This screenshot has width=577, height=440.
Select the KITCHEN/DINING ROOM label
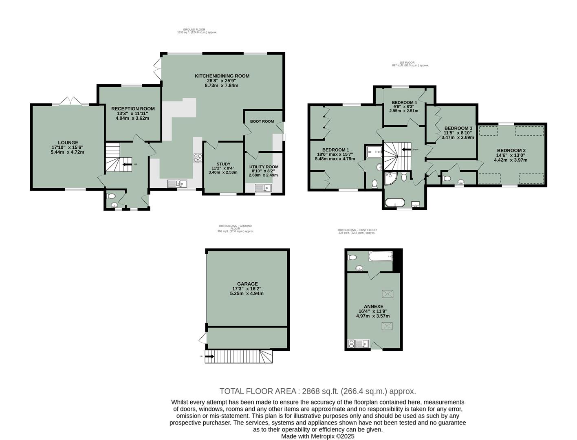pyautogui.click(x=222, y=76)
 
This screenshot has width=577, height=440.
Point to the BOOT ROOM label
pyautogui.click(x=262, y=121)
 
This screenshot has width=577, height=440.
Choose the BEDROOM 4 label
pyautogui.click(x=404, y=102)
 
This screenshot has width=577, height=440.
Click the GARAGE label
pyautogui.click(x=247, y=284)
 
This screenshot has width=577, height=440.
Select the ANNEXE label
pyautogui.click(x=373, y=306)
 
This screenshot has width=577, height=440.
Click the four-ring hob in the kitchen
pyautogui.click(x=198, y=158)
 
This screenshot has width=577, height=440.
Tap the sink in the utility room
pyautogui.click(x=263, y=188)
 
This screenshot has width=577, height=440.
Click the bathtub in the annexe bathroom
pyautogui.click(x=380, y=256)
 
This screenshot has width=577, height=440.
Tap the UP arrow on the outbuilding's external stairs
pyautogui.click(x=210, y=356)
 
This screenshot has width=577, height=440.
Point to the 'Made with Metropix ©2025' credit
pyautogui.click(x=317, y=436)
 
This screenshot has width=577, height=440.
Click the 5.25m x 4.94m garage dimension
pyautogui.click(x=247, y=293)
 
